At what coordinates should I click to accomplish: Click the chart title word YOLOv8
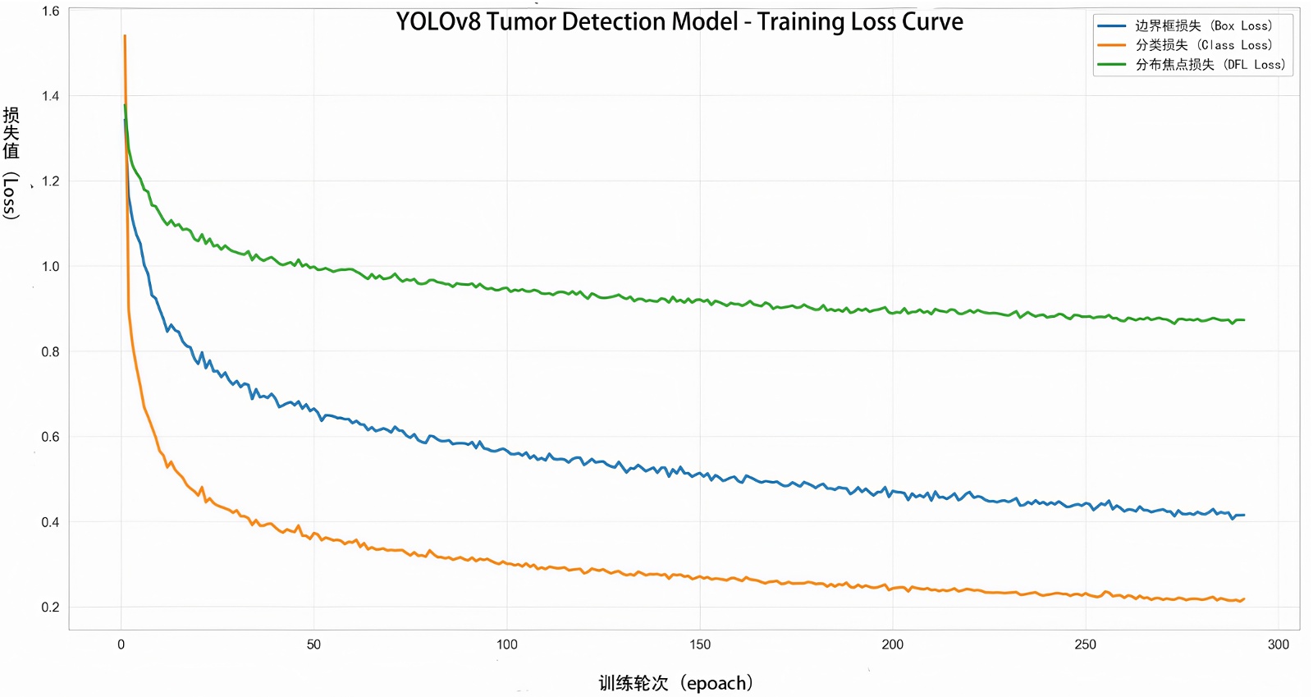[x=438, y=22]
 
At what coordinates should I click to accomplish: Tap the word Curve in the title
[x=932, y=22]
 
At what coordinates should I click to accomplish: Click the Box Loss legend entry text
[x=1203, y=26]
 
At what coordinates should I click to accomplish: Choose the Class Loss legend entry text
[x=1203, y=45]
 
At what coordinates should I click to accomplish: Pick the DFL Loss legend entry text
[x=1210, y=65]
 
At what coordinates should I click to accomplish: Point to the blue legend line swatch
[x=1111, y=26]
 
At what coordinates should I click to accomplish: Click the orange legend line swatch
[x=1111, y=45]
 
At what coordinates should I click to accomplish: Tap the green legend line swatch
[x=1111, y=65]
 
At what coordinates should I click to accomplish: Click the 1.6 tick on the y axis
[x=50, y=11]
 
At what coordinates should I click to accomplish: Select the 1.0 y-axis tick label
[x=50, y=267]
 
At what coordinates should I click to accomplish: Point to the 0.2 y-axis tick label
[x=50, y=608]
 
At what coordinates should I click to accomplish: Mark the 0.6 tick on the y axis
[x=50, y=437]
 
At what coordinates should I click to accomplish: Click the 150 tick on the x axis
[x=700, y=644]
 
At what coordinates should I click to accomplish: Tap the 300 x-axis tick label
[x=1278, y=644]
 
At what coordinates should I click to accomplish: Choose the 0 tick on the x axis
[x=121, y=644]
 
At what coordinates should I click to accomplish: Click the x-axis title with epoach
[x=675, y=683]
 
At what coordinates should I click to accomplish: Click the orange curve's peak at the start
[x=125, y=36]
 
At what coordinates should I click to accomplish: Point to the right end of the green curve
[x=1244, y=320]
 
